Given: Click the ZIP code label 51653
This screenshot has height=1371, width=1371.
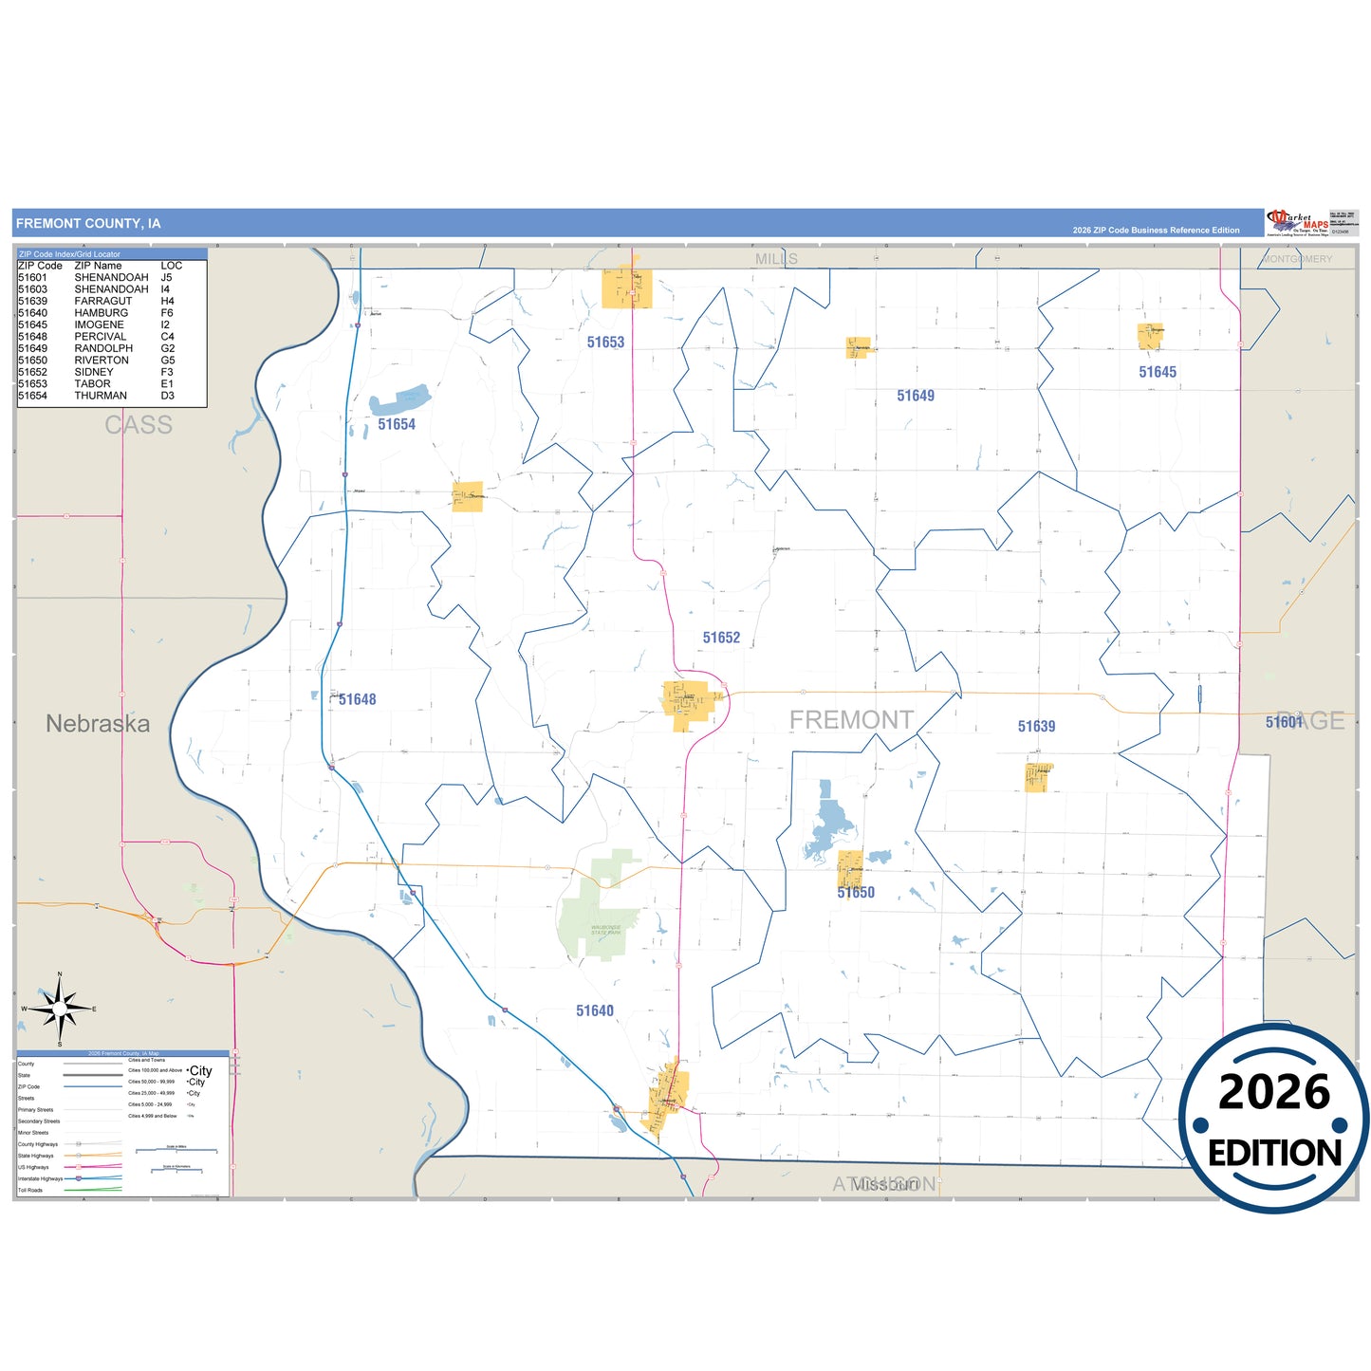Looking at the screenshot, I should pyautogui.click(x=605, y=343).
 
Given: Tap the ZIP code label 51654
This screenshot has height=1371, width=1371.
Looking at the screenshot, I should pyautogui.click(x=397, y=424).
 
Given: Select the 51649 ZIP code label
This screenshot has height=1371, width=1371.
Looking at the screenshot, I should pyautogui.click(x=916, y=396).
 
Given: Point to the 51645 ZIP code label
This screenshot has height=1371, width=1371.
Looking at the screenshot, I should pyautogui.click(x=1158, y=372).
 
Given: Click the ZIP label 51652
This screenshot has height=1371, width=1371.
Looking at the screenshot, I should pyautogui.click(x=721, y=638).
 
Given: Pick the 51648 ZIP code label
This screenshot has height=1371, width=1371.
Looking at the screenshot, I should pyautogui.click(x=357, y=699).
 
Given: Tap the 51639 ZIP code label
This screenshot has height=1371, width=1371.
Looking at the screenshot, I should pyautogui.click(x=1036, y=726).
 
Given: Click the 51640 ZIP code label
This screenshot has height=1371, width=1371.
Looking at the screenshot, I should pyautogui.click(x=595, y=1010).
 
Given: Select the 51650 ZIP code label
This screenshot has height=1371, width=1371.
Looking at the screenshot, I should pyautogui.click(x=856, y=892).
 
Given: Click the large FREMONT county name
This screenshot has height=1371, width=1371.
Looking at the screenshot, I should pyautogui.click(x=851, y=720).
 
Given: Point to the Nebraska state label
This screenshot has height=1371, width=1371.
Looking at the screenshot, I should pyautogui.click(x=98, y=724).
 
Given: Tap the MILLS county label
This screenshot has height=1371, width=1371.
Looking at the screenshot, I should pyautogui.click(x=776, y=259).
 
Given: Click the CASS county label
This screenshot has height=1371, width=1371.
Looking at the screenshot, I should pyautogui.click(x=139, y=425).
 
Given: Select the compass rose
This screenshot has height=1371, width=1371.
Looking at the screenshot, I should pyautogui.click(x=60, y=1010).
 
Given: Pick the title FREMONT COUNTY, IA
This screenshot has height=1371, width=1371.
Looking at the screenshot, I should pyautogui.click(x=88, y=224).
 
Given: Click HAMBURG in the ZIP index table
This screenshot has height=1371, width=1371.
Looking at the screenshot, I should pyautogui.click(x=101, y=313).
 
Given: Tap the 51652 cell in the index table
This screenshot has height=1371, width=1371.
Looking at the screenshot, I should pyautogui.click(x=32, y=372).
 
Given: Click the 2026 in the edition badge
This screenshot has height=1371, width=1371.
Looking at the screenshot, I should pyautogui.click(x=1273, y=1092).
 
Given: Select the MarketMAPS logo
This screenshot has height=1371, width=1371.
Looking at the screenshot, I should pyautogui.click(x=1298, y=222).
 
